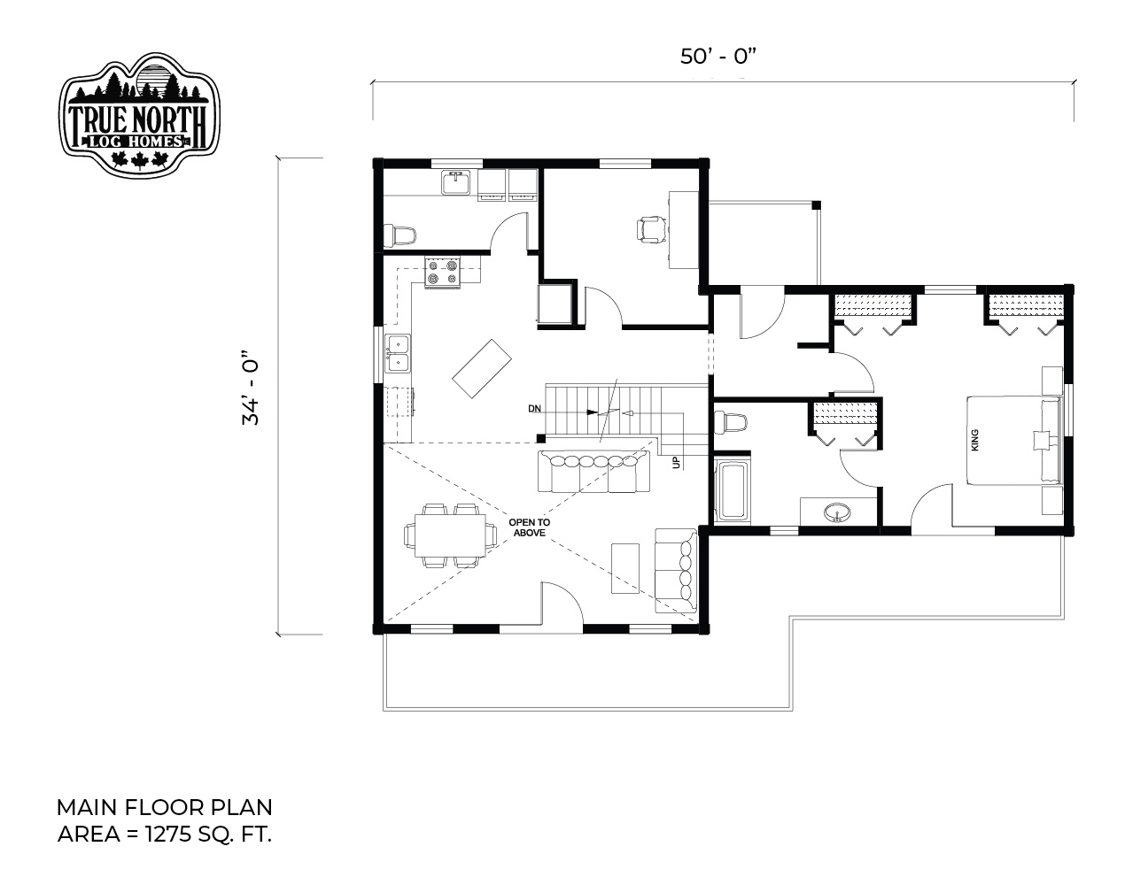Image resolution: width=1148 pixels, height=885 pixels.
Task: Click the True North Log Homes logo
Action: coord(139,114)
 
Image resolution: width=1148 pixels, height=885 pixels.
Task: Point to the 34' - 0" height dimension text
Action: coord(251,388)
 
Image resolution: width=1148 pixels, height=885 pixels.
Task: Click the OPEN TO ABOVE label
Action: coord(530,527)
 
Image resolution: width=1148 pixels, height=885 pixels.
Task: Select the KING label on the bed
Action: coord(974,440)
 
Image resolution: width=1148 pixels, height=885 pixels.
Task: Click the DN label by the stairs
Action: coord(534,409)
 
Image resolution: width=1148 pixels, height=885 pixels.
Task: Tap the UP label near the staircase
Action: coord(677,463)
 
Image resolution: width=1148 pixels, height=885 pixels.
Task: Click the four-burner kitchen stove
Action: coord(442,273)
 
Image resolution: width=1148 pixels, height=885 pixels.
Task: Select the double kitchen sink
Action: coord(398,353)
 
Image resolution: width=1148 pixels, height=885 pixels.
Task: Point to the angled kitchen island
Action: coord(482,368)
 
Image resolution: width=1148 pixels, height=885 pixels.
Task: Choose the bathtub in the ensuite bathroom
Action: coord(732,491)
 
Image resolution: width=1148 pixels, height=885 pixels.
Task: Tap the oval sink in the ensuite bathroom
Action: coord(837,512)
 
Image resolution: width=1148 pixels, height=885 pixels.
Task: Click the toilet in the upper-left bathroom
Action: coord(399,235)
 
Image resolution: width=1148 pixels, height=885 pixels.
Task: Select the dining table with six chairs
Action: coord(450,535)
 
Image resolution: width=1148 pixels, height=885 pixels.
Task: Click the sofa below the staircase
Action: coord(593,471)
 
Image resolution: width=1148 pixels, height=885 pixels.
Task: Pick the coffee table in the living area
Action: coord(625,568)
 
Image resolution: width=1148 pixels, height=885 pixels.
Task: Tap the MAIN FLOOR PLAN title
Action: coord(164,807)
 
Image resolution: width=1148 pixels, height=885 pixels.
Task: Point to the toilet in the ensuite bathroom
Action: coord(731,423)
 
